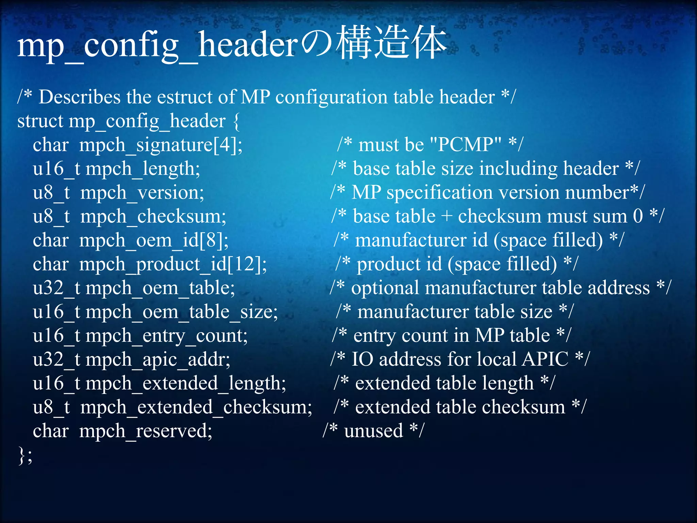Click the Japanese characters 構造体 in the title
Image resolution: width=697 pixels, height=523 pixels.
[391, 43]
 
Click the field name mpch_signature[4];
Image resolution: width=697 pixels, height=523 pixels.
[161, 145]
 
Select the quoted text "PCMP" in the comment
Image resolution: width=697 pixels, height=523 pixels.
[466, 145]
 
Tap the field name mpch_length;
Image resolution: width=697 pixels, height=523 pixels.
[143, 169]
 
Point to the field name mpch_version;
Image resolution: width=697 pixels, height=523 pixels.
[142, 193]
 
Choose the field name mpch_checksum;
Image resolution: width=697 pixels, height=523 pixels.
[153, 217]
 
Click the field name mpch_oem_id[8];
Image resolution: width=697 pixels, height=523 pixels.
[154, 240]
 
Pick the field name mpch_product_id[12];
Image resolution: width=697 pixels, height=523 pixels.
[173, 264]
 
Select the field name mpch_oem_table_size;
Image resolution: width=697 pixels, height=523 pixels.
[181, 312]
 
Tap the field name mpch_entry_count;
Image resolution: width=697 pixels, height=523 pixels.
[166, 336]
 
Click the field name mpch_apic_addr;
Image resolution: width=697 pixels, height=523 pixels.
[158, 360]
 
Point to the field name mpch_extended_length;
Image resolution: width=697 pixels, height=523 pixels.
[185, 383]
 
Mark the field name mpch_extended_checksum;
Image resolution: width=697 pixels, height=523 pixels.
[196, 407]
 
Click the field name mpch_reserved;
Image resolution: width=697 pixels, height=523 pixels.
[146, 431]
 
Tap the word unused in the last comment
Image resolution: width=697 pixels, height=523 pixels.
[373, 431]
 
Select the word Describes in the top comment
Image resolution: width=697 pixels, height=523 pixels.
[79, 97]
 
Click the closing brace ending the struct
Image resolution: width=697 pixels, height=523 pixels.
[21, 456]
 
